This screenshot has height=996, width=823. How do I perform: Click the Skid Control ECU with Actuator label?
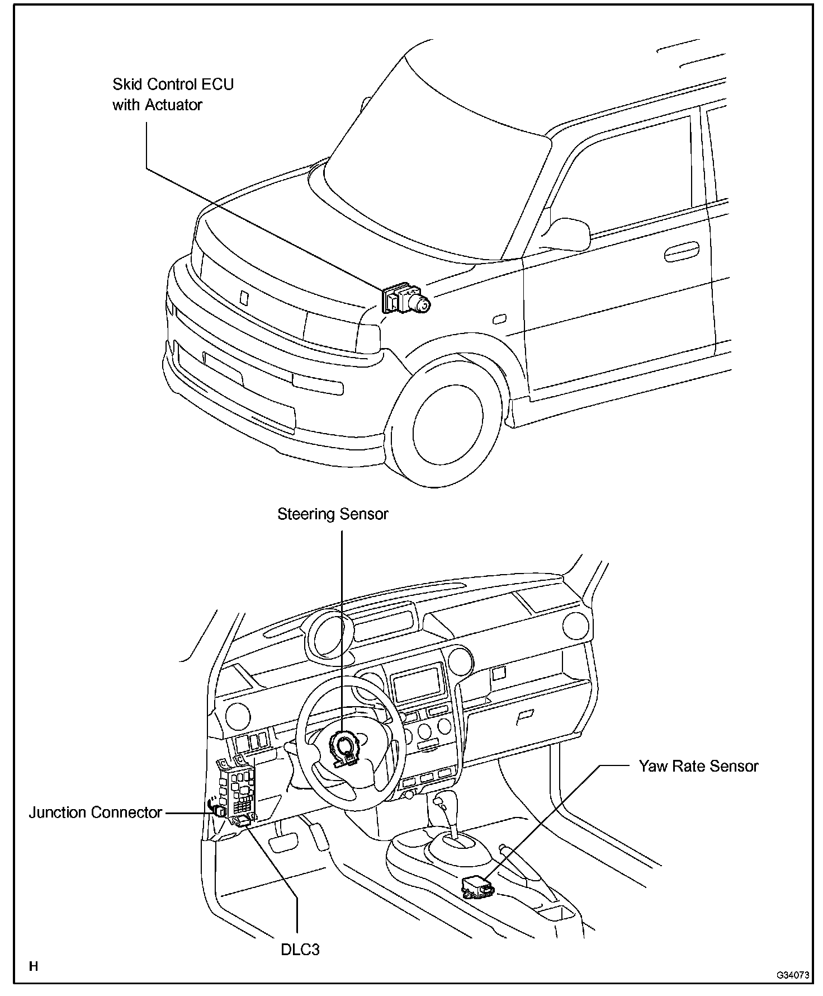point(173,95)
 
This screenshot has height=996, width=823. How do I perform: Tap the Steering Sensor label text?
point(333,514)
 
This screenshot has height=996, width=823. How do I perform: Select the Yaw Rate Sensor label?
point(698,766)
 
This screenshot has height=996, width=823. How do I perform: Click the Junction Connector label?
point(96,812)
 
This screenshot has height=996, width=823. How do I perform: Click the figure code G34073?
point(792,975)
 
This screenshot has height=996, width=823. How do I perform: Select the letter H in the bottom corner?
point(34,966)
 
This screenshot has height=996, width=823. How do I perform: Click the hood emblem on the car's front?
point(243,297)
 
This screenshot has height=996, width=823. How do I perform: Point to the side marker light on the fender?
point(499,320)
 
